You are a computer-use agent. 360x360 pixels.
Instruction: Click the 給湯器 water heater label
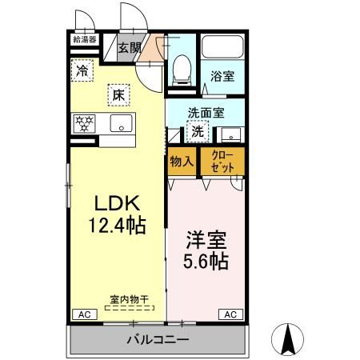point(84,38)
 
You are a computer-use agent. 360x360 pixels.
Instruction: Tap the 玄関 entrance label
point(129,47)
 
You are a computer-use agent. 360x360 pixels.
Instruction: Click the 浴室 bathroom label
point(222,78)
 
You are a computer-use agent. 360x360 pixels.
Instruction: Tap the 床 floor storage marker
point(117,94)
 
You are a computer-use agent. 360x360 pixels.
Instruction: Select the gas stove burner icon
point(84,123)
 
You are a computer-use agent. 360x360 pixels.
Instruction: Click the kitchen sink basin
point(121,123)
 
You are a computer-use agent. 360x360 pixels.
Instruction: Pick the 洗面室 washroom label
point(205,114)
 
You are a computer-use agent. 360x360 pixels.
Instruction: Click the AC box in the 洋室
point(229,314)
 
